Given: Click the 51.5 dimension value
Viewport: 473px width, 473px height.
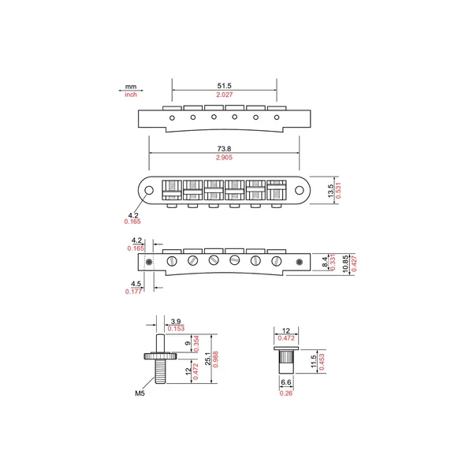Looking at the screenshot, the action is click(x=224, y=86).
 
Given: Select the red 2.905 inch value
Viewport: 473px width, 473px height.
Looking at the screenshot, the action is click(x=224, y=158).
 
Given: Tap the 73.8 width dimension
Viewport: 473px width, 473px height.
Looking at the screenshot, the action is click(x=224, y=149).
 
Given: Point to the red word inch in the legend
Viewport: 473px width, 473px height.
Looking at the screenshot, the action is click(x=131, y=95).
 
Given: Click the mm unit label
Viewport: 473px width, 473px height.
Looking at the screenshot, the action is click(x=131, y=87).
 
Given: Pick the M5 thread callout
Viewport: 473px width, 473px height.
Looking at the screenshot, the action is click(x=140, y=393).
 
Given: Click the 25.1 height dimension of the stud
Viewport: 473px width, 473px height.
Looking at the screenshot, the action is click(x=208, y=359).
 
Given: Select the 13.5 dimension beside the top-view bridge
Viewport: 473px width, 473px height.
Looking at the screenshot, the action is click(x=330, y=191).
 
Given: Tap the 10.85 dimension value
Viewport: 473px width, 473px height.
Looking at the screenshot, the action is click(x=346, y=264).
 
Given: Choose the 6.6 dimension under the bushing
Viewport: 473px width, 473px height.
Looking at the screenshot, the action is click(x=286, y=382).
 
